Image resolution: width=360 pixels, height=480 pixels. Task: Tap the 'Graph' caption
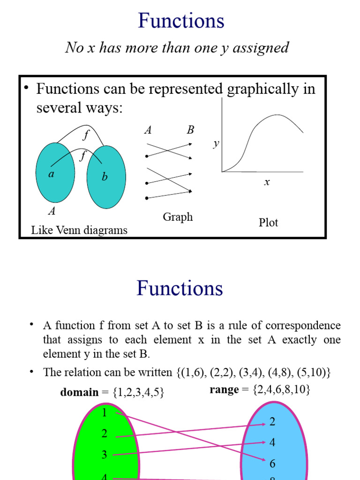pos(178,217)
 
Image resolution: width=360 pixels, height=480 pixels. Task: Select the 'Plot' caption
pos(268,223)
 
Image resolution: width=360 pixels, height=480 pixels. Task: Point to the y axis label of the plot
pos(216,143)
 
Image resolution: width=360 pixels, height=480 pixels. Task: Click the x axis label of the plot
pos(267,182)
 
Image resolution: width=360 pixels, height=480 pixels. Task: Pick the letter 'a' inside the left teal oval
pos(52,174)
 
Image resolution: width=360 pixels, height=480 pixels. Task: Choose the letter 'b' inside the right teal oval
pos(105,177)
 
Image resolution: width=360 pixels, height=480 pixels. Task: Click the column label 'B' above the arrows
pos(190,130)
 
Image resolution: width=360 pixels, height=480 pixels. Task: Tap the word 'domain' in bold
pos(79,392)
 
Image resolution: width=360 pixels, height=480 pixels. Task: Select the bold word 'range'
pos(224,390)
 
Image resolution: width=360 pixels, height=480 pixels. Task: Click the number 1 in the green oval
pos(104,412)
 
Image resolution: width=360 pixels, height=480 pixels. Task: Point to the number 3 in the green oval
pos(104,454)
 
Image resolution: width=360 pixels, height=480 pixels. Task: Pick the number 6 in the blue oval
pos(272,464)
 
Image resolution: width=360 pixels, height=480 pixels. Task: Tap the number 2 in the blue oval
pos(272,422)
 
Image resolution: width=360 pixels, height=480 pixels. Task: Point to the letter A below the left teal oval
pos(52,211)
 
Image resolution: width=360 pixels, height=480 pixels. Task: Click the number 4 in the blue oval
pos(272,442)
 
